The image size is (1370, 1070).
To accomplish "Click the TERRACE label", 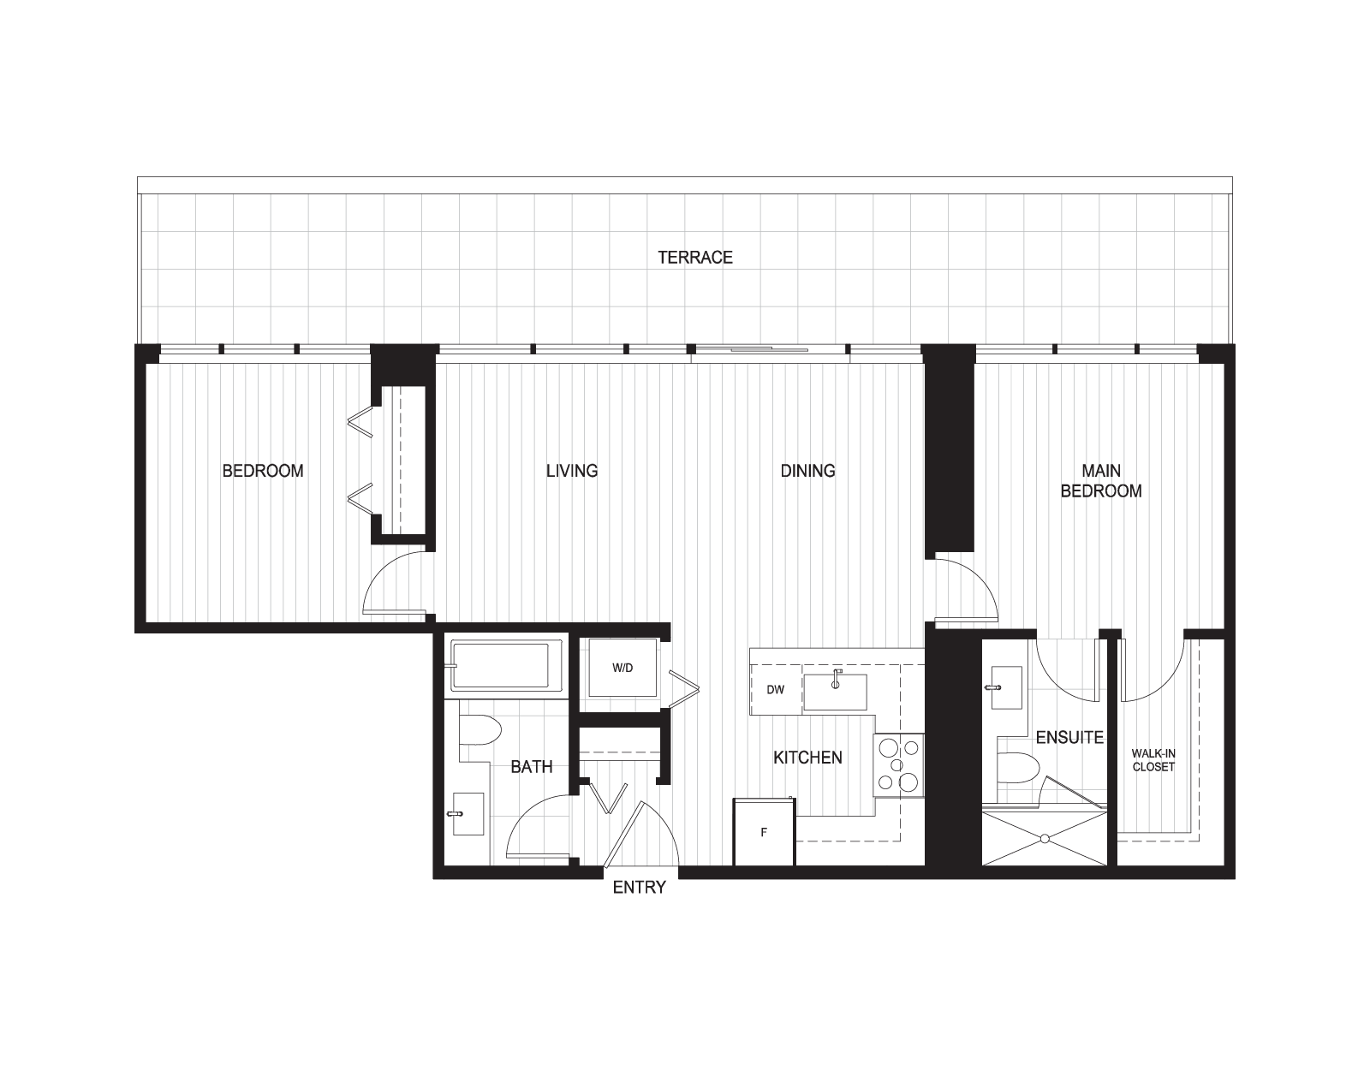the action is pos(694,258).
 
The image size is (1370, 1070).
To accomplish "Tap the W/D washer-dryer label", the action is pos(622,668).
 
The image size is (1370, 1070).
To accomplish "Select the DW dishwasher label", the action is pos(776,689).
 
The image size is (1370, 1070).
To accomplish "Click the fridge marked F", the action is pos(764,832).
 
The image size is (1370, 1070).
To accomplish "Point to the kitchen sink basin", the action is pos(835,692).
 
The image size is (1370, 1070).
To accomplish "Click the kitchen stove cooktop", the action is pos(898,765).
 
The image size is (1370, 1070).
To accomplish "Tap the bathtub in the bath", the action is pos(503,665).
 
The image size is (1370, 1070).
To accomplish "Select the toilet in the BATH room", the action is pos(479,730).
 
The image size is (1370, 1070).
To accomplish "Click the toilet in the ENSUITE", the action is pos(1017,767).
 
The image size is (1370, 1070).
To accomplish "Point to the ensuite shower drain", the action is pos(1045,839).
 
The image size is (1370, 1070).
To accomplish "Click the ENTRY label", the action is pos(640,888).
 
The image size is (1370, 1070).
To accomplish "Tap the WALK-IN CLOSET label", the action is pos(1153,760).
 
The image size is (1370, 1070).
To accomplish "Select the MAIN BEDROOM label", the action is pos(1101,481).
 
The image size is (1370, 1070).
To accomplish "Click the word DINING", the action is pos(807,471).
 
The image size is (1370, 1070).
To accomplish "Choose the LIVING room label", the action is pos(572,471).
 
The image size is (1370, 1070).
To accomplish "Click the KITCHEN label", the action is pos(807,758).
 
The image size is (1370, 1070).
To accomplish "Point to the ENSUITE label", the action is pos(1069,737).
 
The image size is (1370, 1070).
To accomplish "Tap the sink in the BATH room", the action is pos(468,814).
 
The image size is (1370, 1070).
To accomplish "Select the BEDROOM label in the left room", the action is pos(263,471).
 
